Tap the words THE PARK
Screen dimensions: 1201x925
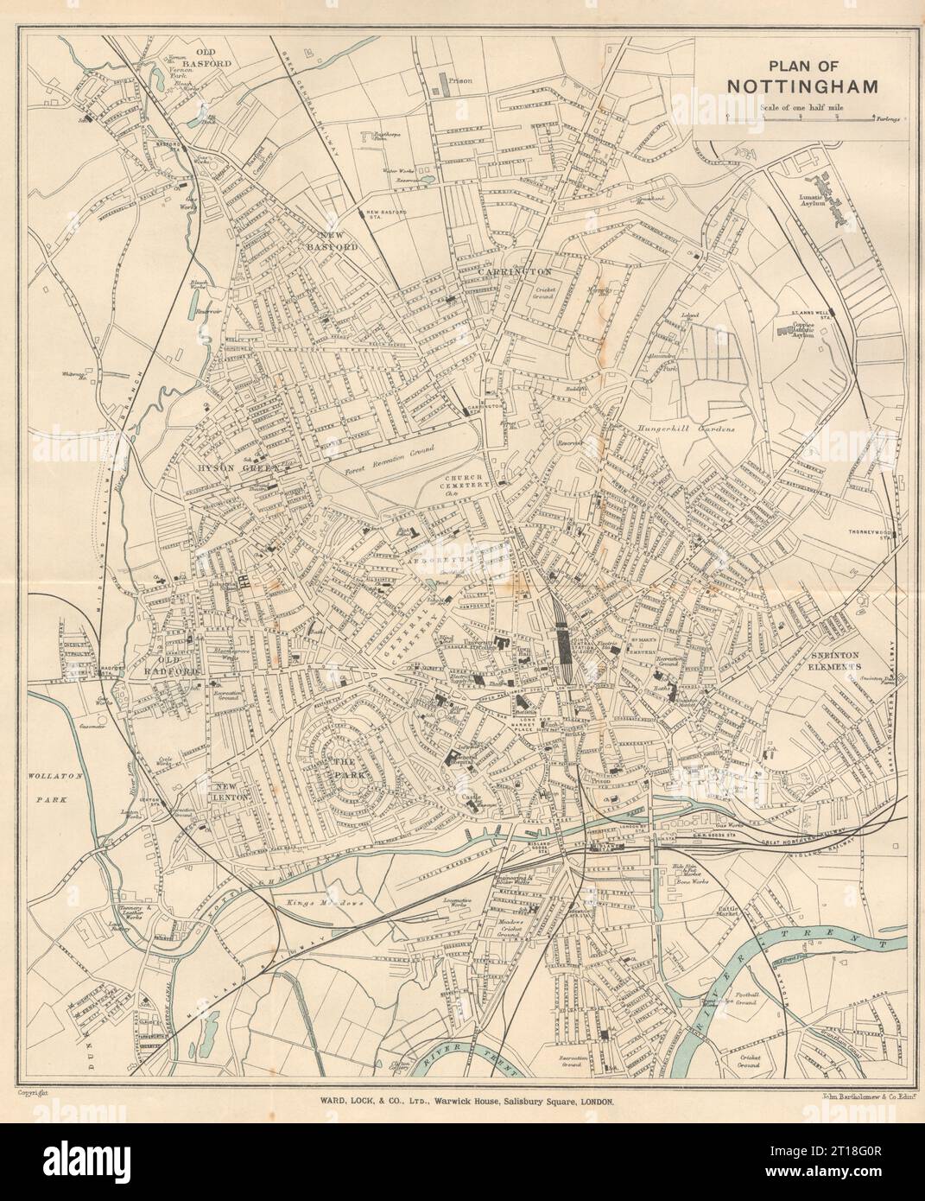pos(350,769)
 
